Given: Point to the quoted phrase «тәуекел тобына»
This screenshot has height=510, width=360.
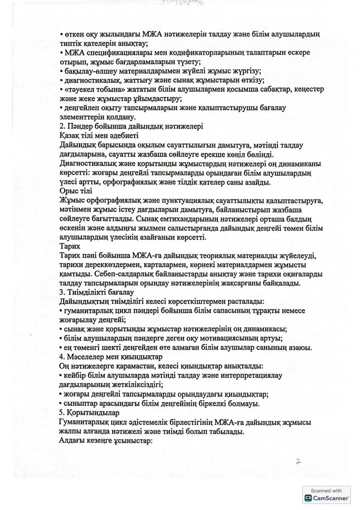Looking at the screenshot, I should [x=88, y=89].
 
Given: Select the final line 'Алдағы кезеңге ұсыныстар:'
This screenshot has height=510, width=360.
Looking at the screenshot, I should [x=106, y=441].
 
